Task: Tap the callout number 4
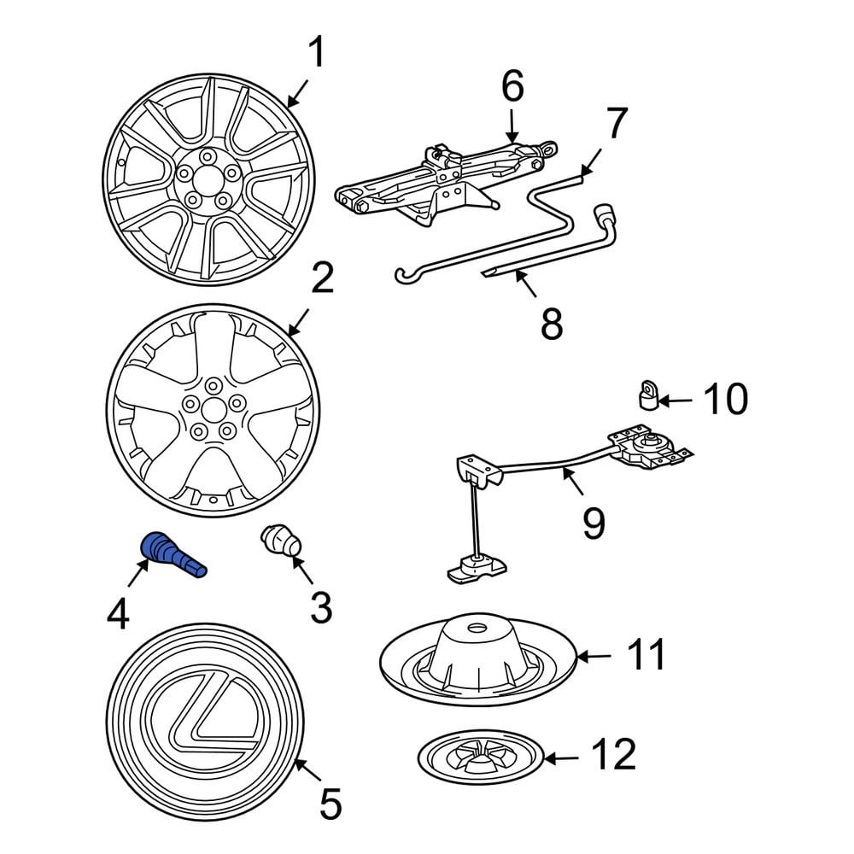117,614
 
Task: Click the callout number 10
725,399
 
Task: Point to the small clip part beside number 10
649,395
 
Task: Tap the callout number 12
614,755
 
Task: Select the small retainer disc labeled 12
481,755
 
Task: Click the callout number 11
645,656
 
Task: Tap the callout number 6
512,86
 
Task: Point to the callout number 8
552,323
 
